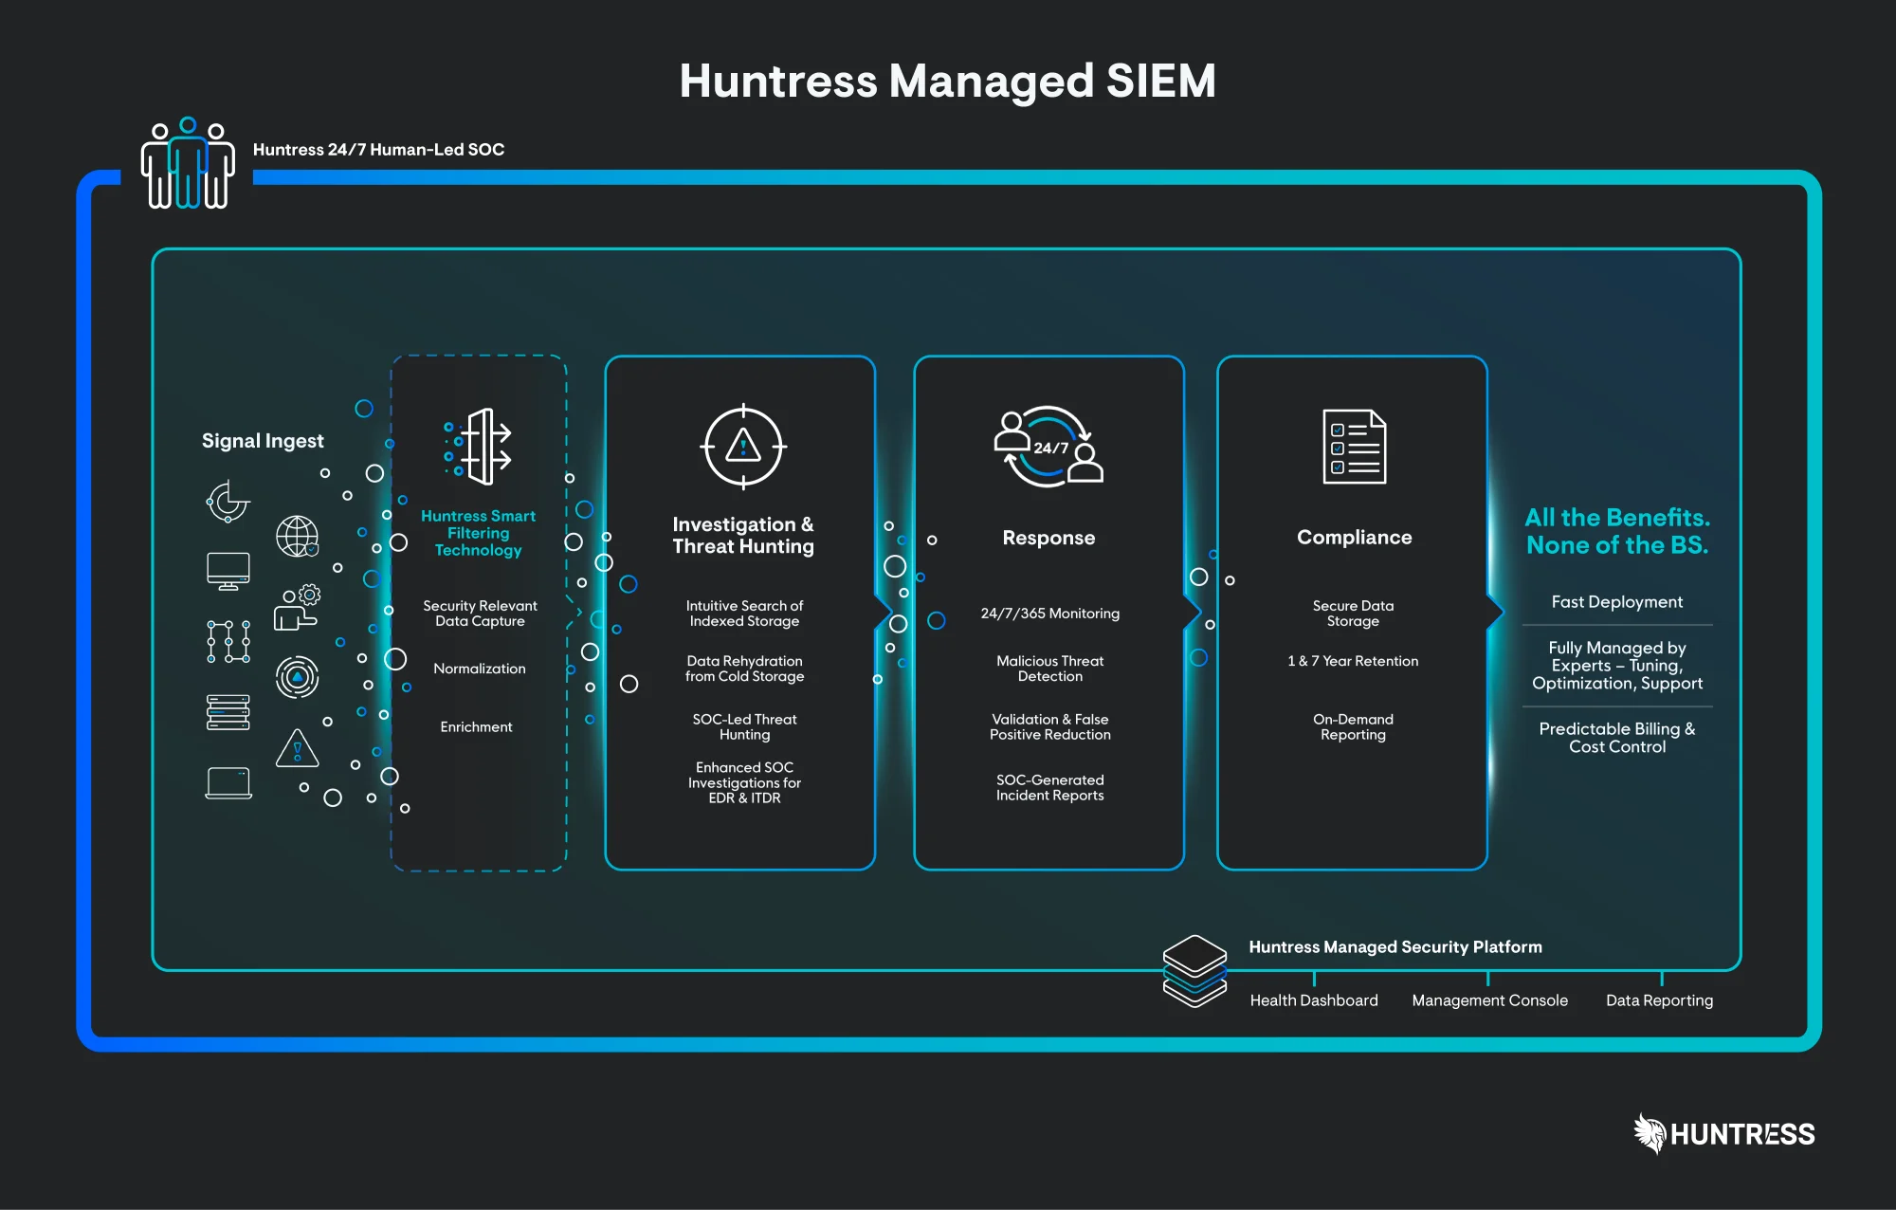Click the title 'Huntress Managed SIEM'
947,81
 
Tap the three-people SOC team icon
188,164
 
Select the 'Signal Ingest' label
263,441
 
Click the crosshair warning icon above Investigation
743,447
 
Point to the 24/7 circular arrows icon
1048,447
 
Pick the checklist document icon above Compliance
1354,447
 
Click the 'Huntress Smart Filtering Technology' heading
479,533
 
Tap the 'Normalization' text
480,669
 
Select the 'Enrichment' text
476,727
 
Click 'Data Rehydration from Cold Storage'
744,669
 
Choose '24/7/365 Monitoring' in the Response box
1049,614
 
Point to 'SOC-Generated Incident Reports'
1049,788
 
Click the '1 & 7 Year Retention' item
1353,661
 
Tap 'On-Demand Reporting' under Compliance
1353,727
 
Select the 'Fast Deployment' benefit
1617,602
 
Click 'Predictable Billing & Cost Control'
1617,738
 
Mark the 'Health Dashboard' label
1314,1000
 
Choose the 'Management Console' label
1489,1000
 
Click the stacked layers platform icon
1194,971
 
